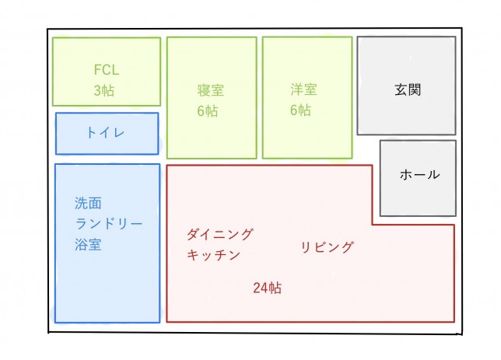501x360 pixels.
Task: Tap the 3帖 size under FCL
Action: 103,90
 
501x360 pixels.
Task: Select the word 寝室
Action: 211,89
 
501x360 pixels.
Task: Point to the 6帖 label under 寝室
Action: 207,111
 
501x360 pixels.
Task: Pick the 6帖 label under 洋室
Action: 300,110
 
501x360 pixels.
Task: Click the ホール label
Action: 419,175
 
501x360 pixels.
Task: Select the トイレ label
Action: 105,133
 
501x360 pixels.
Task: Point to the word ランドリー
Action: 109,225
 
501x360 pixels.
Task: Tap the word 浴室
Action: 88,246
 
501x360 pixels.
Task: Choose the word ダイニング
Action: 220,233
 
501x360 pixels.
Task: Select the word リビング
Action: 327,247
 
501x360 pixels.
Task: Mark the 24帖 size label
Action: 267,288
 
